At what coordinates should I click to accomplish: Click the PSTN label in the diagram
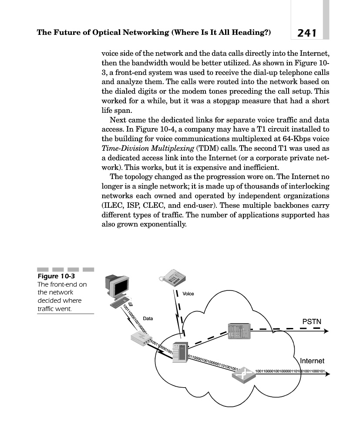click(311, 321)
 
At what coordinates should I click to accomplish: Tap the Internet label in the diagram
click(312, 361)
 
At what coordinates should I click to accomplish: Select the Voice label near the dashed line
click(188, 294)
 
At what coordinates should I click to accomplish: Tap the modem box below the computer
click(140, 338)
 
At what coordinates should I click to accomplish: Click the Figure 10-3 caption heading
click(53, 276)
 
